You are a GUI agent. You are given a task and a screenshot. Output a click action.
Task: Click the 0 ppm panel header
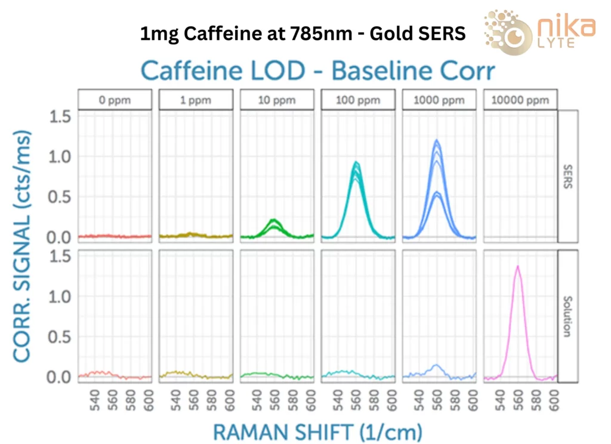click(114, 100)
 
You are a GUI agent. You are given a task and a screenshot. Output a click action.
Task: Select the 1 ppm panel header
click(195, 100)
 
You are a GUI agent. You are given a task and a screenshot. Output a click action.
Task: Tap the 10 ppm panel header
click(276, 100)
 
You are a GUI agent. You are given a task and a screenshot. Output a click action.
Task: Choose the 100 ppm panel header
click(357, 100)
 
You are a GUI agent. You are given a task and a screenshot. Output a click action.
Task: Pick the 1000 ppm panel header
click(439, 100)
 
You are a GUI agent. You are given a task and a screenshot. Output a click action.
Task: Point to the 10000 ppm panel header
click(520, 100)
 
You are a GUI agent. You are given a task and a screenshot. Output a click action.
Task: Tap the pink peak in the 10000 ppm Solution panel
click(517, 267)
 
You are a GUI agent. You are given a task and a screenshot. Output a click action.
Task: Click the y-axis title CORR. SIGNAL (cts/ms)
click(22, 245)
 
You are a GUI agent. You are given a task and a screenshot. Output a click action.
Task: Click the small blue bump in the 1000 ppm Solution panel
click(437, 365)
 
